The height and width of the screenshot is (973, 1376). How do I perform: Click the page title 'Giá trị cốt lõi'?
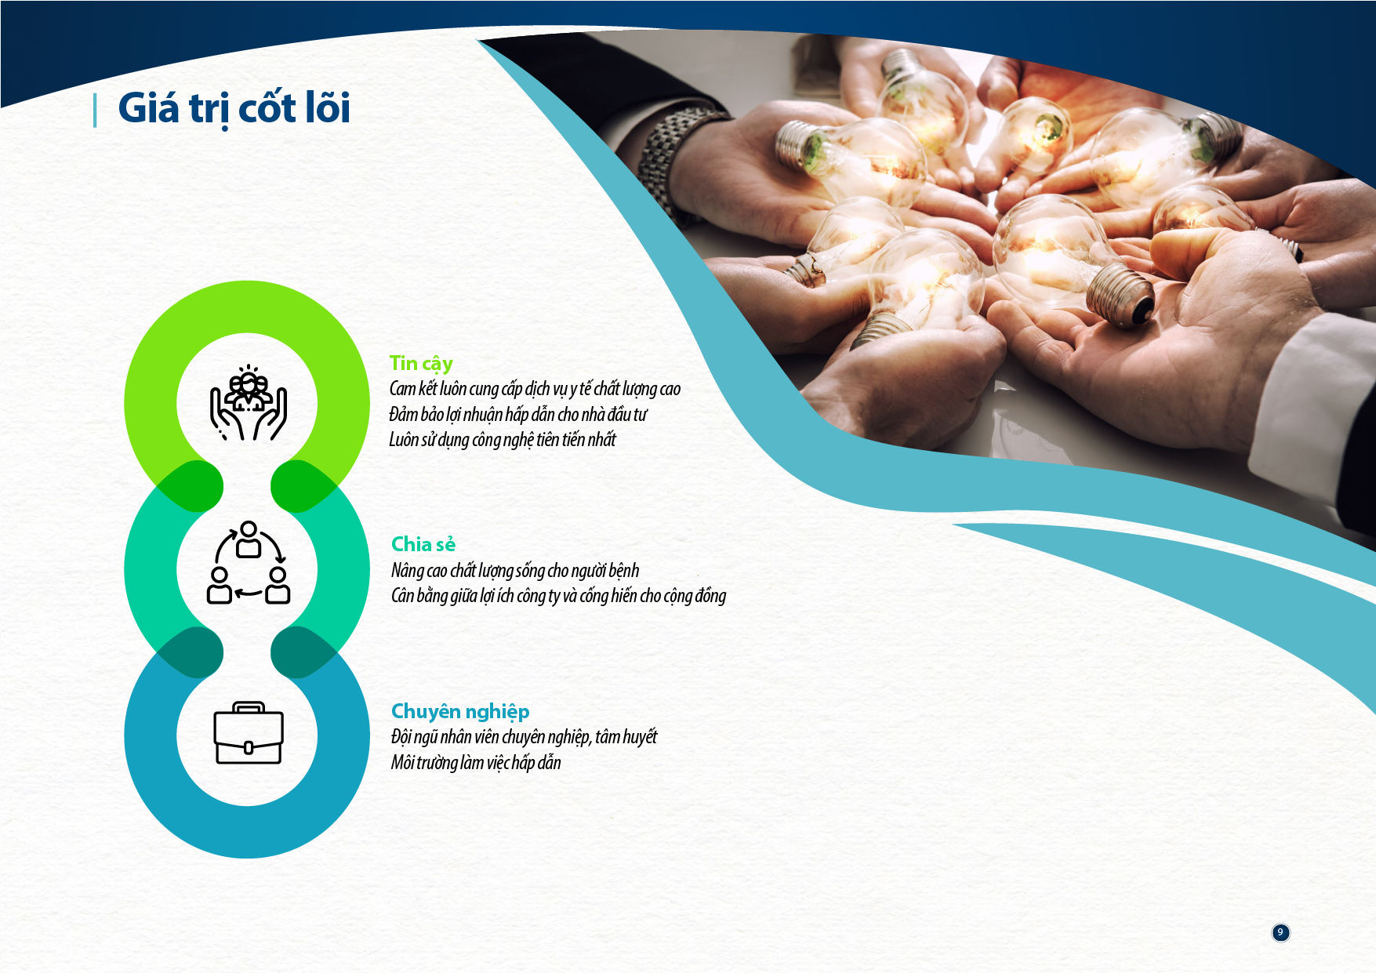point(234,108)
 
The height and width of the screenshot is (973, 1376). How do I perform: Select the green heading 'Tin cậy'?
point(421,364)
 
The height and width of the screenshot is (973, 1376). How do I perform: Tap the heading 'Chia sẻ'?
point(423,544)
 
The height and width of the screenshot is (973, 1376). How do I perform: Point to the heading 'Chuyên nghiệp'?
point(460,712)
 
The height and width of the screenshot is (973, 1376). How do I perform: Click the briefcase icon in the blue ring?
point(249,733)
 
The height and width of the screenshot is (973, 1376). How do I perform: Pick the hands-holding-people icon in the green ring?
point(249,402)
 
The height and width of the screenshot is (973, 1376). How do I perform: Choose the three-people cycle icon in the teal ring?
point(249,562)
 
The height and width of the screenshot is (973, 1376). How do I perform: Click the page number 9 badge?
point(1280,932)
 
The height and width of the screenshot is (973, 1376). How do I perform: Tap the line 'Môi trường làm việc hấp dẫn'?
point(476,762)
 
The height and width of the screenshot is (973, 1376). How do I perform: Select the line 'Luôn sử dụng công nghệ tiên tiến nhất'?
point(503,440)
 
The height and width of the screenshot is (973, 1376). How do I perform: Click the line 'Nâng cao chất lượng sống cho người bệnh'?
point(515,571)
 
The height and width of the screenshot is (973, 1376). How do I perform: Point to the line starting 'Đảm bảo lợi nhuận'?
point(518,414)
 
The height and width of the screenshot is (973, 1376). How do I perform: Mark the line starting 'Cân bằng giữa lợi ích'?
point(558,596)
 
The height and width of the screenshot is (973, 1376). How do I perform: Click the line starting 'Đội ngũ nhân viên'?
point(524,737)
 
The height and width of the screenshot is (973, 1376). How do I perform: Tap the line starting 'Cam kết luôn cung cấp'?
point(535,389)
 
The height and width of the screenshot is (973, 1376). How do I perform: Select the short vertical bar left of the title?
point(95,110)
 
